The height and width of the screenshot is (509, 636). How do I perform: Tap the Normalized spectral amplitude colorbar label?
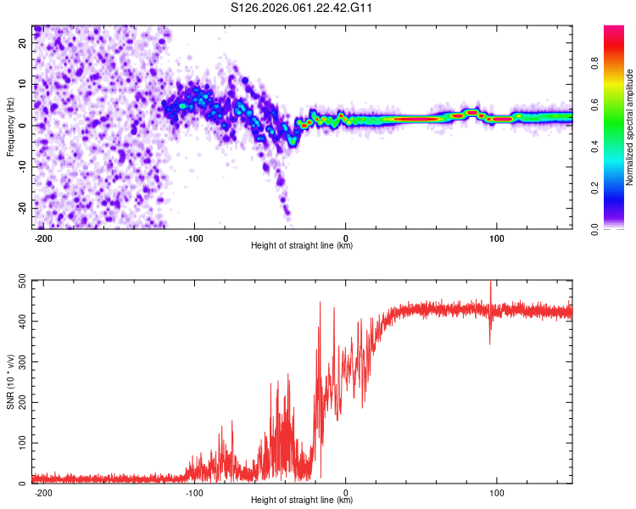click(x=630, y=127)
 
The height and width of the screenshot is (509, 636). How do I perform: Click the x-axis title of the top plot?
click(x=302, y=245)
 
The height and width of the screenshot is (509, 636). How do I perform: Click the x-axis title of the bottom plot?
click(x=302, y=501)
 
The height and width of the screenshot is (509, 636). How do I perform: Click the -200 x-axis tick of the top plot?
click(x=43, y=238)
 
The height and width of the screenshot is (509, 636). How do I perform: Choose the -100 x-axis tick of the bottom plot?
click(x=194, y=492)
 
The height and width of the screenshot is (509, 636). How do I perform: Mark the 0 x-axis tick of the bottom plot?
click(x=346, y=492)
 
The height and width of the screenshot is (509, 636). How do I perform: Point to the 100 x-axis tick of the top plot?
click(x=497, y=238)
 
